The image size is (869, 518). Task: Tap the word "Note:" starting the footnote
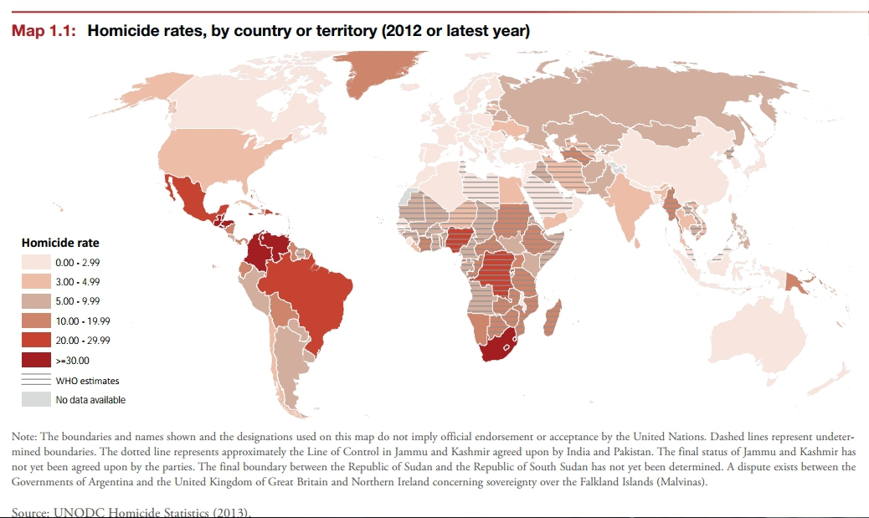24,437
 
